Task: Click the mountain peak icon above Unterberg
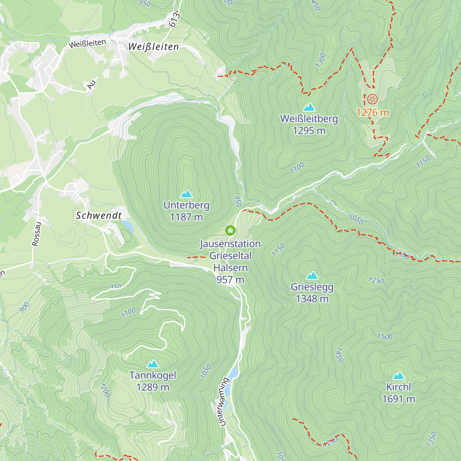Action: click(x=186, y=194)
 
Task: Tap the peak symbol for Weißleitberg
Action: click(x=309, y=108)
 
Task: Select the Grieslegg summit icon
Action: click(x=312, y=275)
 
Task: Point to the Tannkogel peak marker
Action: click(x=153, y=364)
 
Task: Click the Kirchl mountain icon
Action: click(x=398, y=376)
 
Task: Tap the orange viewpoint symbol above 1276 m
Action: click(x=372, y=99)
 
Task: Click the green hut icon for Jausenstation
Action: click(x=230, y=230)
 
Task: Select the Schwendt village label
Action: click(x=99, y=216)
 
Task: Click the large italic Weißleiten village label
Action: click(x=154, y=47)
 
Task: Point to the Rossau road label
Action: click(x=36, y=234)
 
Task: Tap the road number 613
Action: click(x=174, y=19)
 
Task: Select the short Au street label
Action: click(x=91, y=83)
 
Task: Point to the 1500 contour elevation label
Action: click(x=385, y=337)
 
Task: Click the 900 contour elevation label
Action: click(x=24, y=307)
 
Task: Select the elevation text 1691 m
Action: click(x=398, y=399)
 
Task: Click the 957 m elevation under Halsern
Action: click(x=230, y=280)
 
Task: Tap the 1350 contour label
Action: click(x=431, y=439)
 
